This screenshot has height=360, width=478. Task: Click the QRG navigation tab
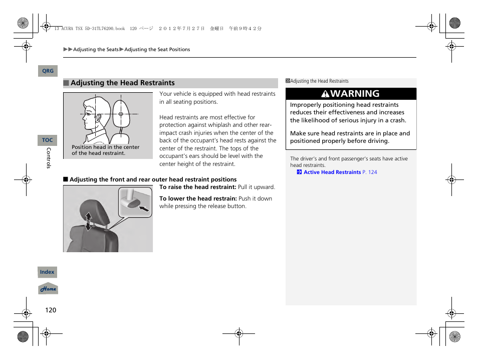[48, 71]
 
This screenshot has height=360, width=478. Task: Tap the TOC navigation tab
[48, 140]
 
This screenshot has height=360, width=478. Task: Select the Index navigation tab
[48, 272]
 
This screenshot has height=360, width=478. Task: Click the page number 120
[51, 310]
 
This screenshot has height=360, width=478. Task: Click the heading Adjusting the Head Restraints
[123, 83]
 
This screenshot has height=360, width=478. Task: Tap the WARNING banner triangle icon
[326, 94]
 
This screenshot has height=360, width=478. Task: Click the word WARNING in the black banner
[355, 94]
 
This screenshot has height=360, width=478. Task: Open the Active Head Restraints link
[332, 172]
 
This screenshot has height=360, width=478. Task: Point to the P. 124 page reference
[370, 172]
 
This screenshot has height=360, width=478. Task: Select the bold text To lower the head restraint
[198, 199]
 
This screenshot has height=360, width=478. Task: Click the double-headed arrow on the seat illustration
[89, 221]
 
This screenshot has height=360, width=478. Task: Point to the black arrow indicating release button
[144, 208]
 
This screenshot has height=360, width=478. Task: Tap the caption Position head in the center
[105, 147]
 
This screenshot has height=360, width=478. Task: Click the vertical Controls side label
[49, 157]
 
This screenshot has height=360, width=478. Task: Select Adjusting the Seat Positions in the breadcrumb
[157, 50]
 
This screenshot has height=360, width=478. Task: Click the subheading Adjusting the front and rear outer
[153, 179]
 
